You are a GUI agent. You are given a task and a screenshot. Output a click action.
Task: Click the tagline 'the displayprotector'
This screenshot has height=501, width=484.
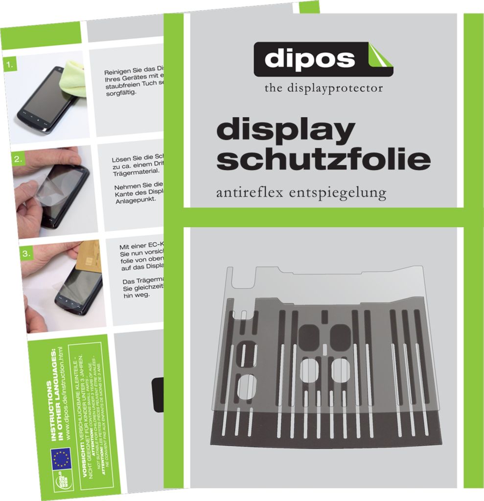coord(323,88)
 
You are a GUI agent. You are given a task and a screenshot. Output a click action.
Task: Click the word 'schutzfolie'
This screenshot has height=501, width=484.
coord(323,159)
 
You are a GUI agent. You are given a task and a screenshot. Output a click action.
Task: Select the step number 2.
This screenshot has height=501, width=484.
coord(17,159)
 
